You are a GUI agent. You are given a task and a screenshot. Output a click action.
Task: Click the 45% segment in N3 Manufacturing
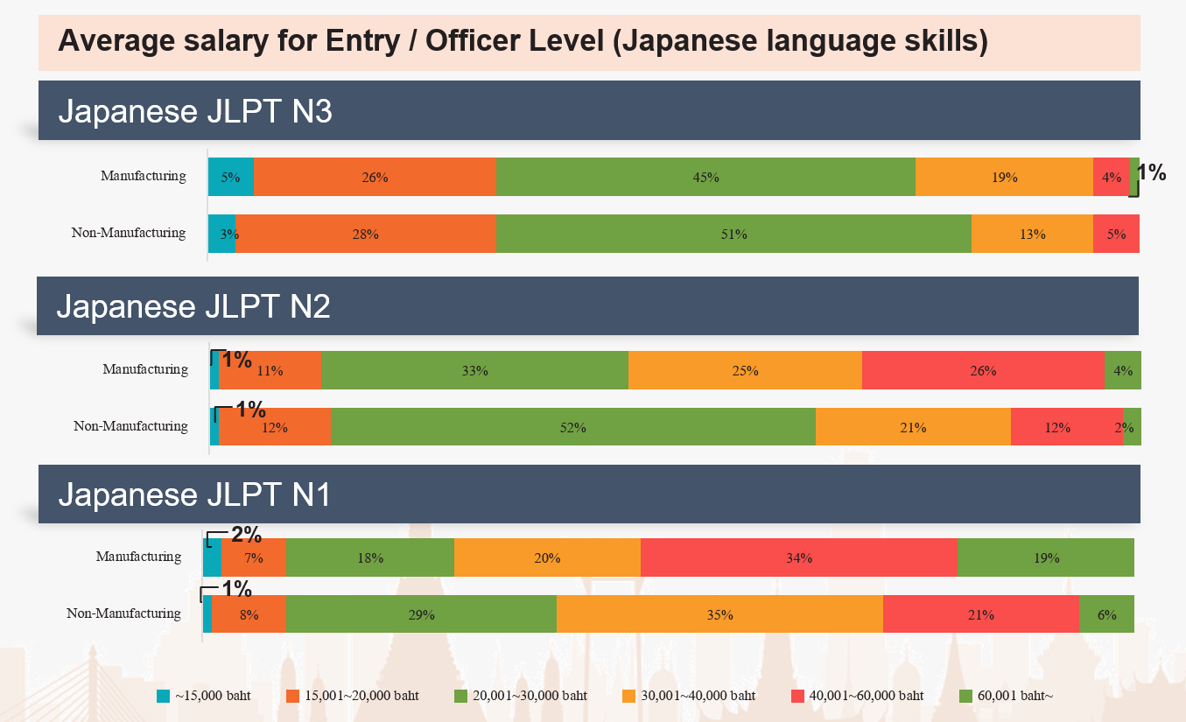[705, 177]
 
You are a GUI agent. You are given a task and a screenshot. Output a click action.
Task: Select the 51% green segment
[733, 234]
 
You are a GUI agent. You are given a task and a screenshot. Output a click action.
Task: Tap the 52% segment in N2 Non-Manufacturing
[572, 427]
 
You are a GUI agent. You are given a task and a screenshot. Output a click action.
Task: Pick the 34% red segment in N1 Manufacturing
[798, 557]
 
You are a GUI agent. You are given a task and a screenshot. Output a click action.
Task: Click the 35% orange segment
[719, 614]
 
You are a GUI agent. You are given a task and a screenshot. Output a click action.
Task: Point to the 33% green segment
[474, 370]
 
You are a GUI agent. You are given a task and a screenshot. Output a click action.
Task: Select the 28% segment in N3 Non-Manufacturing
[365, 234]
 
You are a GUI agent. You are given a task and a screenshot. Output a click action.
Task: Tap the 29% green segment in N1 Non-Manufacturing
[421, 614]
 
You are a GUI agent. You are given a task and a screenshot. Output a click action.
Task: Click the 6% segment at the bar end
[1106, 614]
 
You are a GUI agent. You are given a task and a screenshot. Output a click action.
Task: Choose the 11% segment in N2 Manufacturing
[270, 370]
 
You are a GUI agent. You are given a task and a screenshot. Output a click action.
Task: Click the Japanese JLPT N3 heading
[195, 112]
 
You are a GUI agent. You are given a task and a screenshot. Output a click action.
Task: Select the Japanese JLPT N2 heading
[193, 306]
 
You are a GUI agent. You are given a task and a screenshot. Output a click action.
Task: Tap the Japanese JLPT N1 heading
[194, 494]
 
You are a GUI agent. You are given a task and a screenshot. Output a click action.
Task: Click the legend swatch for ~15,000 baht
[163, 697]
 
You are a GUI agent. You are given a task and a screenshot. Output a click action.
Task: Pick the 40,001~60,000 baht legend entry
[866, 697]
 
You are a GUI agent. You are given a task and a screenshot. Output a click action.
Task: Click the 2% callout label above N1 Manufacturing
[246, 534]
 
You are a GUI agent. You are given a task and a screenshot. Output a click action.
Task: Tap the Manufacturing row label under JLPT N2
[145, 369]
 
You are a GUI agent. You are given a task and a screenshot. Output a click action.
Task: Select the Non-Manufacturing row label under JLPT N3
[129, 233]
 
